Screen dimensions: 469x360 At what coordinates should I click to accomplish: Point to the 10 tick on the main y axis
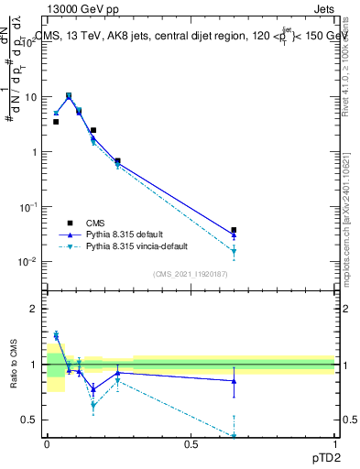pos(29,97)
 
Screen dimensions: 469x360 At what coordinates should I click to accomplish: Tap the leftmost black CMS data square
pos(56,122)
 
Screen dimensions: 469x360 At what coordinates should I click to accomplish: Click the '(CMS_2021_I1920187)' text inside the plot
pos(191,274)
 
